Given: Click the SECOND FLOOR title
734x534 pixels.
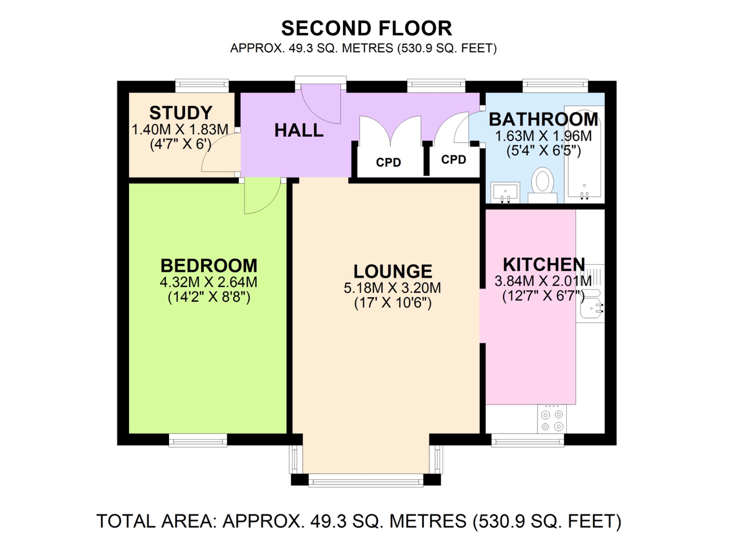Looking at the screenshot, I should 366,29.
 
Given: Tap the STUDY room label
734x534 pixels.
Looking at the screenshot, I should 181,113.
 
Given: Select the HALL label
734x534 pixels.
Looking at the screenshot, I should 299,131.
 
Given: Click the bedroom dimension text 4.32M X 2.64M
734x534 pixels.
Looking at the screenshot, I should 209,282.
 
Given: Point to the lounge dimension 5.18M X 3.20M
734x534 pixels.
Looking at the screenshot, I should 392,288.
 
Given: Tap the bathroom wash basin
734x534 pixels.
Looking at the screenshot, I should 505,192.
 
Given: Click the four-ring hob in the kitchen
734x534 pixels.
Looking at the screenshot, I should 552,420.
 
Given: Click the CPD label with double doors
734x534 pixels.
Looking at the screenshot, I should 388,162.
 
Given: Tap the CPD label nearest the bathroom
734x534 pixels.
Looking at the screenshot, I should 453,160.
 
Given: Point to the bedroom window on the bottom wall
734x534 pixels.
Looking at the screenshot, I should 198,440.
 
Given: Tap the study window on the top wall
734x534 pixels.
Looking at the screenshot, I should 202,85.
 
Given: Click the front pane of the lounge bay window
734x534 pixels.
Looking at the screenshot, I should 366,481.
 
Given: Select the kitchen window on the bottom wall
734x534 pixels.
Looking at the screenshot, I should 527,440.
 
